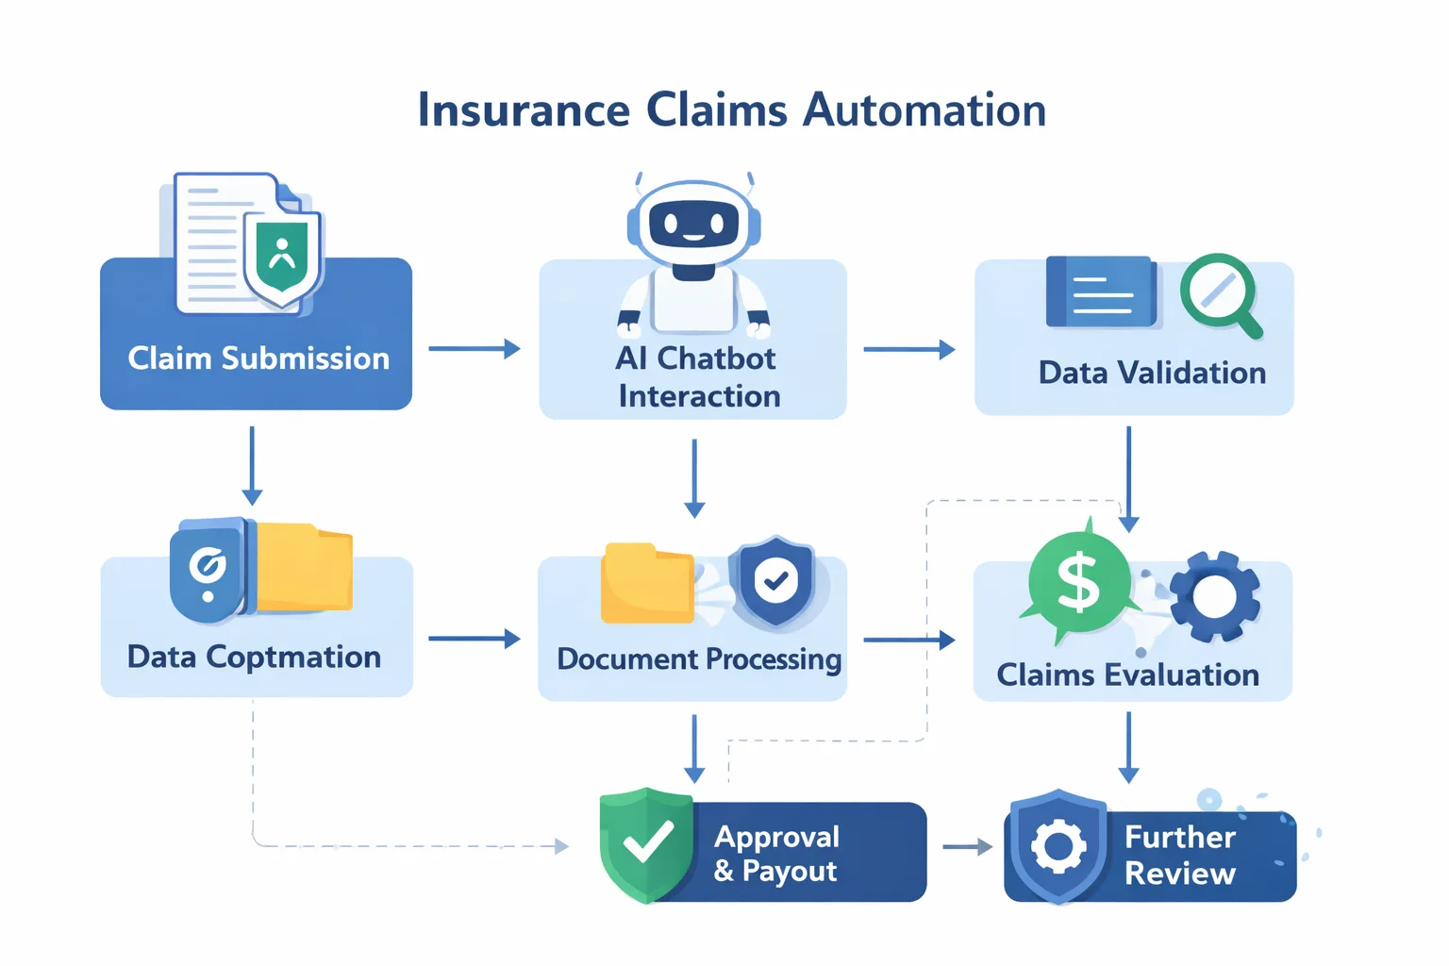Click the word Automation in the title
point(924,110)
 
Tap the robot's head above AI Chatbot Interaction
point(694,225)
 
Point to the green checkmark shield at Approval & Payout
point(646,843)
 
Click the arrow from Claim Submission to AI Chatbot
point(474,349)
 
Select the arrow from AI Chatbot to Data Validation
point(908,349)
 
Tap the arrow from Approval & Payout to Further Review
point(967,847)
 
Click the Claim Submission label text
point(258,358)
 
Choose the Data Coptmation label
point(254,657)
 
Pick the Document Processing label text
point(699,658)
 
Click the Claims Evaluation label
point(1127,675)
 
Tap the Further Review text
point(1179,855)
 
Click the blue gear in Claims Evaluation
point(1215,596)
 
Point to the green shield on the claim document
point(282,258)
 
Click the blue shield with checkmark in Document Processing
point(775,581)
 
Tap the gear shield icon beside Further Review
point(1058,846)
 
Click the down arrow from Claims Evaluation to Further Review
point(1128,747)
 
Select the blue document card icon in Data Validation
point(1102,292)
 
